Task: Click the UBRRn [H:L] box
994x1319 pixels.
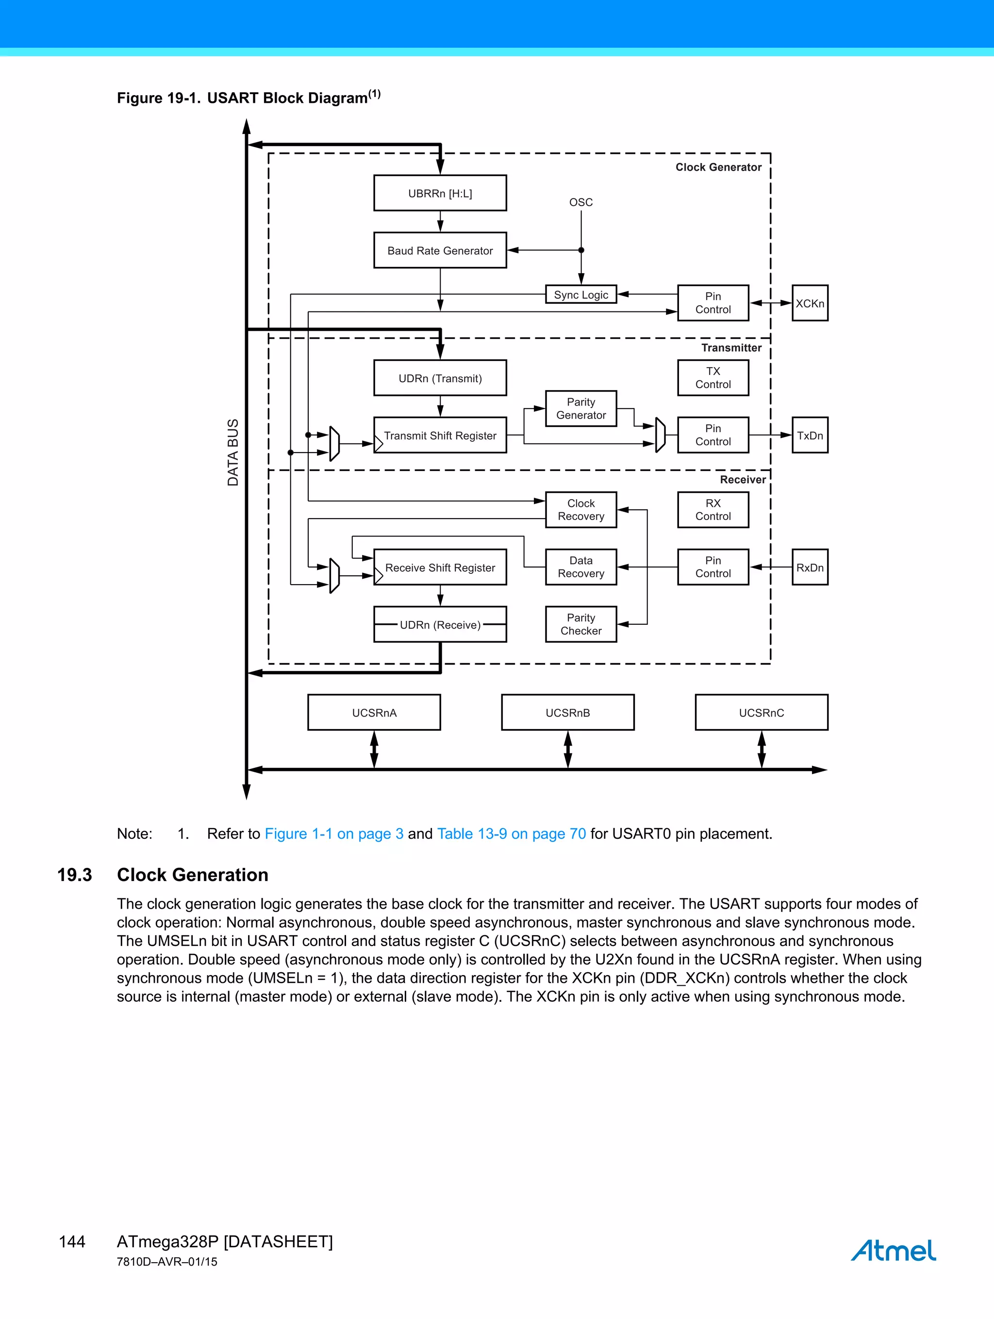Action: click(x=440, y=193)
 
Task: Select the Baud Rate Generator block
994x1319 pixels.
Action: click(x=440, y=250)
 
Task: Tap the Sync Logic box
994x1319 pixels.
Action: click(x=580, y=294)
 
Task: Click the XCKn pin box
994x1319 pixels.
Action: click(x=810, y=303)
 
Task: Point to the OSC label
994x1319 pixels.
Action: click(x=580, y=202)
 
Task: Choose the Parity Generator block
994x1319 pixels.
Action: click(x=580, y=408)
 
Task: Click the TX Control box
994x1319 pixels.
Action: click(x=713, y=377)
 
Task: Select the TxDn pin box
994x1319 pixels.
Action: click(x=810, y=435)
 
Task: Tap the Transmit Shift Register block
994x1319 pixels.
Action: click(x=440, y=435)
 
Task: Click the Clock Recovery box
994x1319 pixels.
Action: click(x=580, y=510)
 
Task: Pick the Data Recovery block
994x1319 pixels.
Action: click(x=580, y=567)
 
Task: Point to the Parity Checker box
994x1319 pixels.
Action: click(x=580, y=624)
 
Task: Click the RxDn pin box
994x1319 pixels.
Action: click(x=810, y=567)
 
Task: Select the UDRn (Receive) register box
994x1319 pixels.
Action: click(x=440, y=624)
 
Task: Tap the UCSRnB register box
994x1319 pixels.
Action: click(x=567, y=713)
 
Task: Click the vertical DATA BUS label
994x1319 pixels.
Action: click(x=232, y=452)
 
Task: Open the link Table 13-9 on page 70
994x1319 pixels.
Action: click(x=512, y=833)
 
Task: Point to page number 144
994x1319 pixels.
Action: click(x=72, y=1241)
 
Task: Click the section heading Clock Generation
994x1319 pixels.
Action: click(x=192, y=875)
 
